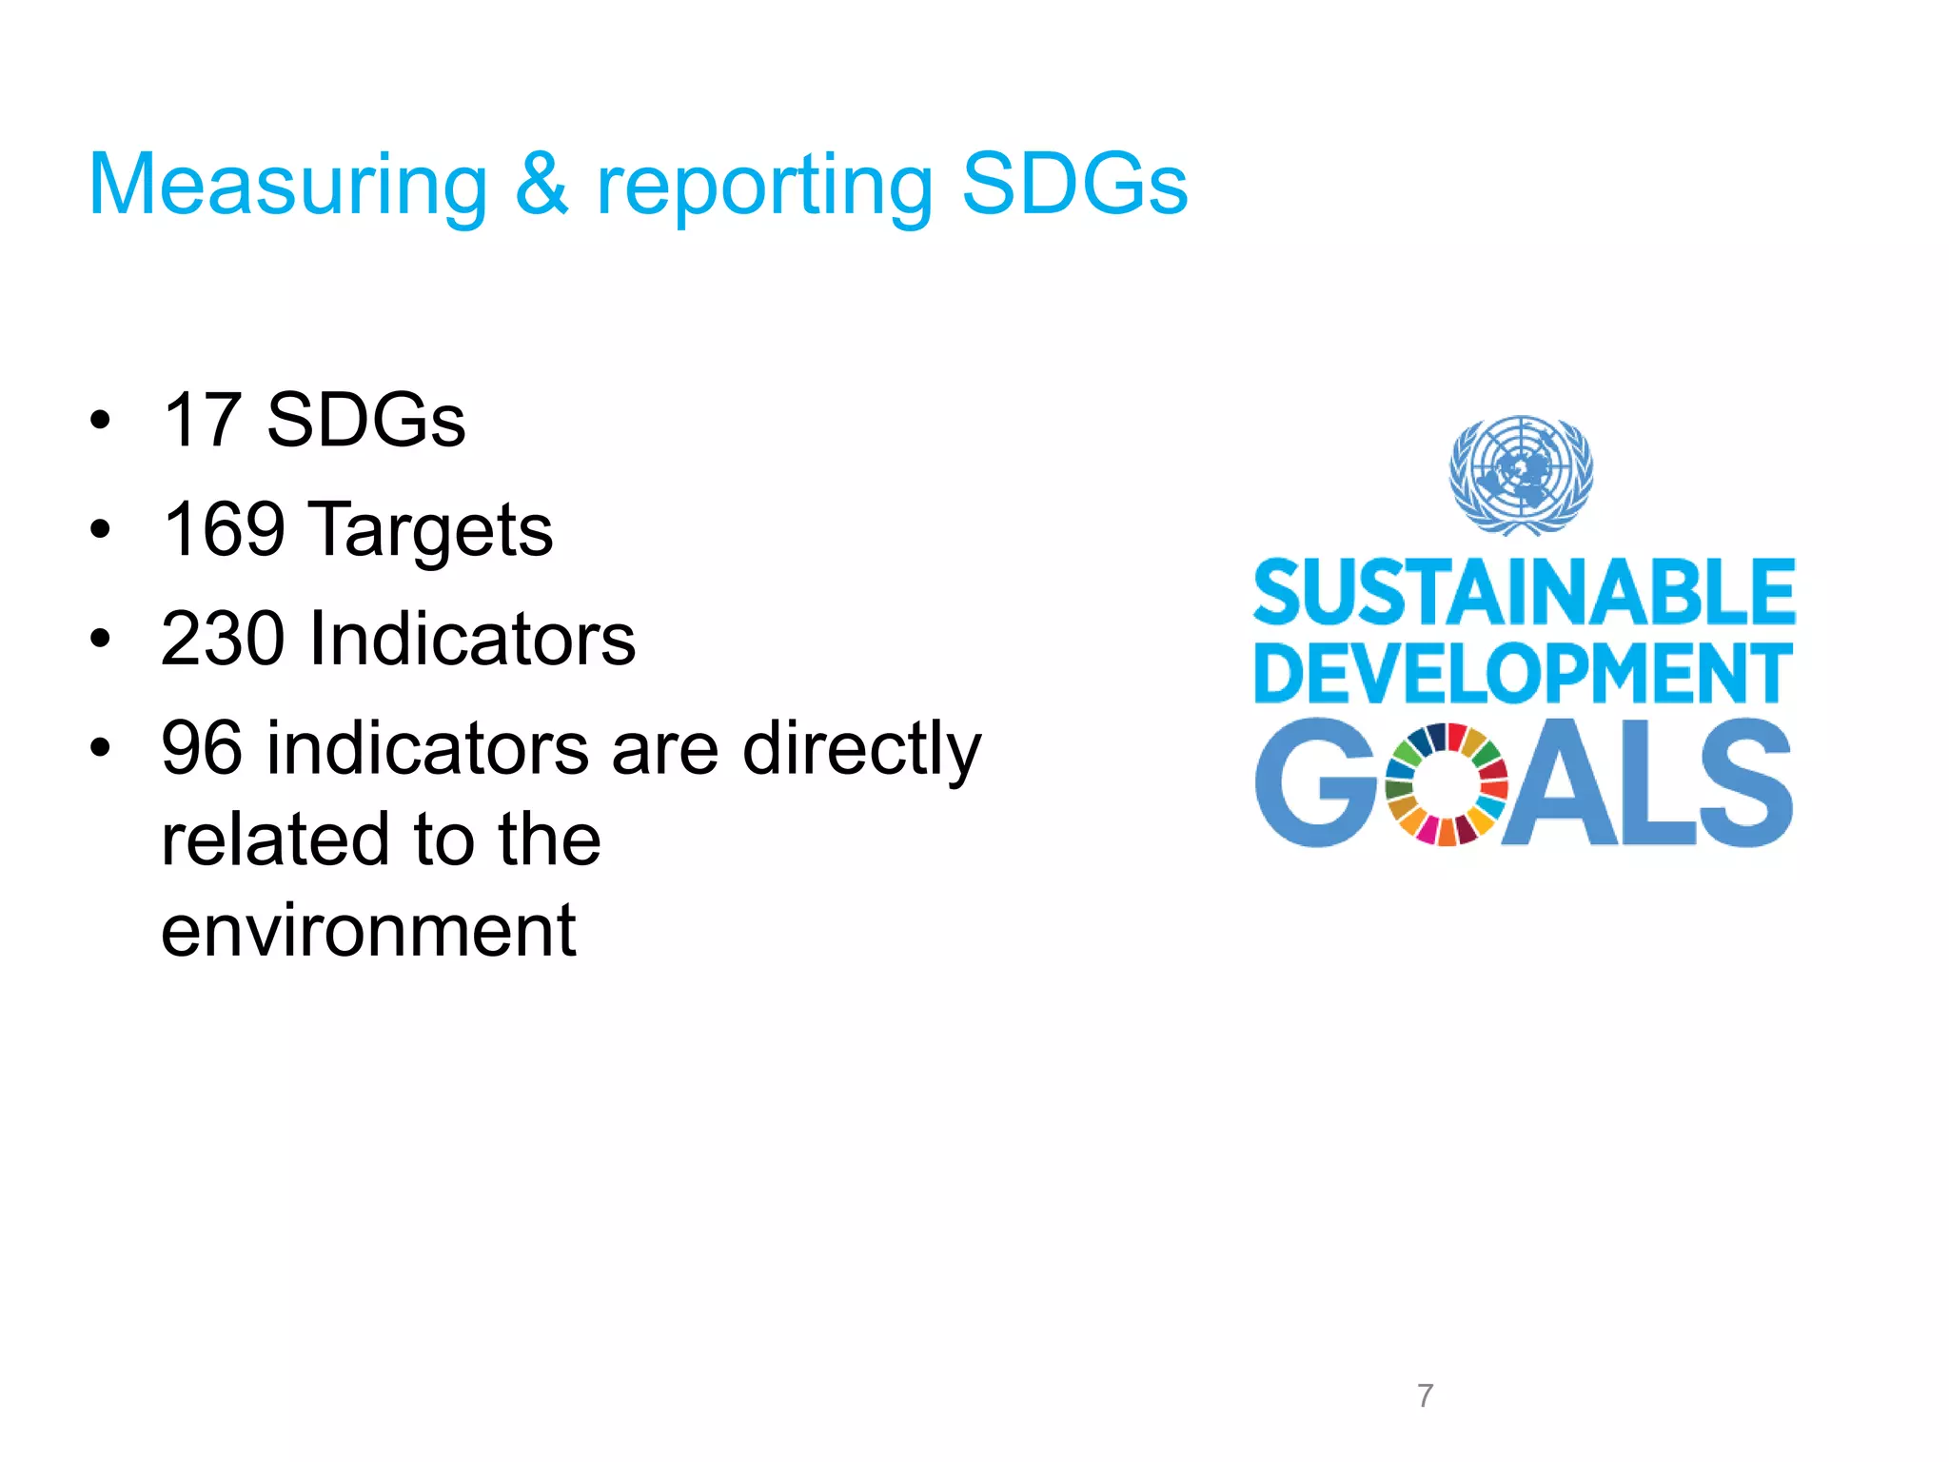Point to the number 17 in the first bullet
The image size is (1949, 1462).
coord(202,420)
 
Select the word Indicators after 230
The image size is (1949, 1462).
coord(472,639)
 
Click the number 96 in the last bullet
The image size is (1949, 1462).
coord(202,748)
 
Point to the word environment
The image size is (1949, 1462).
coord(368,930)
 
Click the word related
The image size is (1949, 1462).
coord(276,840)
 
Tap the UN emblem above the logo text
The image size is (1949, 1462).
coord(1521,474)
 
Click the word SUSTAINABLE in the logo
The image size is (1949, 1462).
coord(1524,592)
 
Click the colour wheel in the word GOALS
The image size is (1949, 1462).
coord(1446,784)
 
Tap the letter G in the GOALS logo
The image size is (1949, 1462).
coord(1316,782)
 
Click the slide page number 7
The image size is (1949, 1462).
coord(1425,1395)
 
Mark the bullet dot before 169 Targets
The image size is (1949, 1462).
coord(100,529)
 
